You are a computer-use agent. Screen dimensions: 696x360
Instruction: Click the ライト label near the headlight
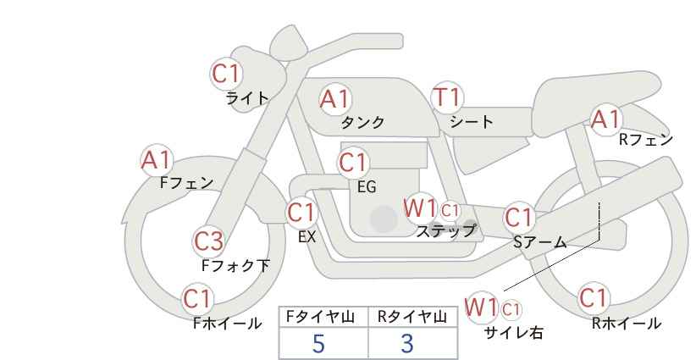pyautogui.click(x=247, y=98)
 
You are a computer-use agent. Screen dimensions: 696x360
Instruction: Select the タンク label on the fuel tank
pyautogui.click(x=362, y=122)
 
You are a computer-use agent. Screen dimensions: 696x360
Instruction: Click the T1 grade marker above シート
pyautogui.click(x=447, y=97)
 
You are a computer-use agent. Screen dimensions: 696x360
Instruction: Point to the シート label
pyautogui.click(x=472, y=122)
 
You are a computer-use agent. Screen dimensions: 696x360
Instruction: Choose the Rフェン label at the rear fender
pyautogui.click(x=646, y=140)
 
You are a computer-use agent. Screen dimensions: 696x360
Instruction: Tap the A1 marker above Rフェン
pyautogui.click(x=605, y=119)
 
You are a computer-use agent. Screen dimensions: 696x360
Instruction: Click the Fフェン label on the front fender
pyautogui.click(x=186, y=182)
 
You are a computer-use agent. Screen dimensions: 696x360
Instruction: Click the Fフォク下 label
pyautogui.click(x=235, y=265)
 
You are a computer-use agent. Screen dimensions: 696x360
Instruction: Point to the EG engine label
pyautogui.click(x=367, y=187)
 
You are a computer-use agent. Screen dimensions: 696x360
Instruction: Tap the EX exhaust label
pyautogui.click(x=307, y=237)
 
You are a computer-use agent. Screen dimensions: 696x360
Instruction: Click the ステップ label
pyautogui.click(x=445, y=231)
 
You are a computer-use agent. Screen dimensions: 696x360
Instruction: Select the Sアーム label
pyautogui.click(x=540, y=241)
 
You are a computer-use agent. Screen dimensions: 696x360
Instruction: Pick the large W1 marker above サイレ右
pyautogui.click(x=481, y=307)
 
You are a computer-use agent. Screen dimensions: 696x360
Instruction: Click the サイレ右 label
pyautogui.click(x=514, y=332)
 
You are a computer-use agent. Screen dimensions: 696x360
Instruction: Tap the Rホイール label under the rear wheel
pyautogui.click(x=627, y=324)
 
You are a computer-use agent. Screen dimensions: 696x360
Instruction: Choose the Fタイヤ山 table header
pyautogui.click(x=320, y=317)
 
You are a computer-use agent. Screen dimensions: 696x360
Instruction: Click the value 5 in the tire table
pyautogui.click(x=318, y=343)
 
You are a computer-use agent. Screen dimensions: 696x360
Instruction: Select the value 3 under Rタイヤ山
pyautogui.click(x=407, y=343)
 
